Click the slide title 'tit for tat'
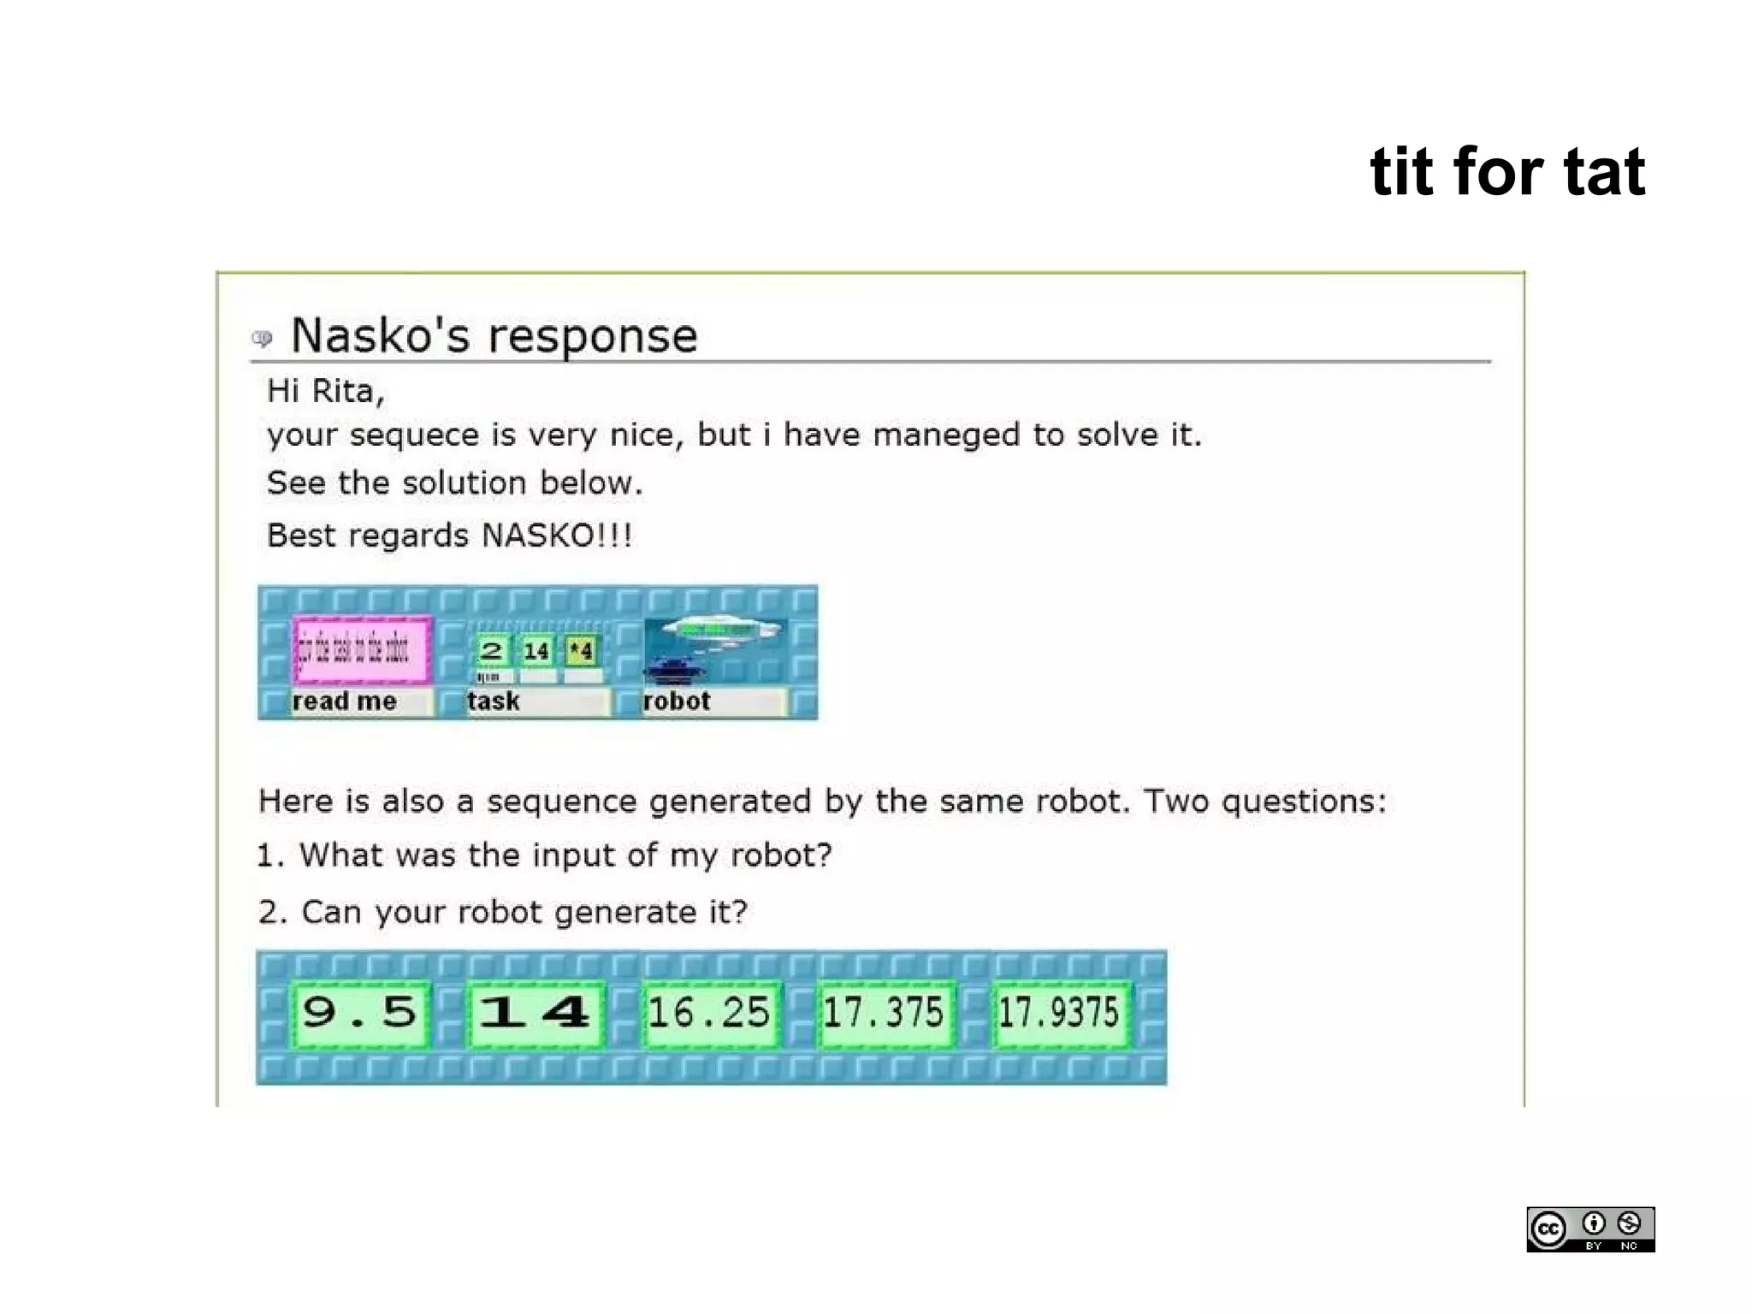(1506, 172)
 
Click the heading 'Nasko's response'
(494, 335)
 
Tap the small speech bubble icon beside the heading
(262, 339)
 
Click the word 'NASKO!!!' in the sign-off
(557, 536)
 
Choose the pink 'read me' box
(362, 650)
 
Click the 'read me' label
(345, 701)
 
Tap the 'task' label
(494, 701)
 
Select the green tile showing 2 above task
(491, 651)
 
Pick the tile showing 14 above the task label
(536, 651)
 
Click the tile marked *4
(582, 651)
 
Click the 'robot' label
(677, 701)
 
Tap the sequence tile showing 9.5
(360, 1014)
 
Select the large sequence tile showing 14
(536, 1014)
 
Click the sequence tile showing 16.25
(709, 1014)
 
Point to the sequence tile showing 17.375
(884, 1014)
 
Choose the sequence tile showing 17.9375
(1059, 1014)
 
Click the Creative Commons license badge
(1590, 1229)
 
